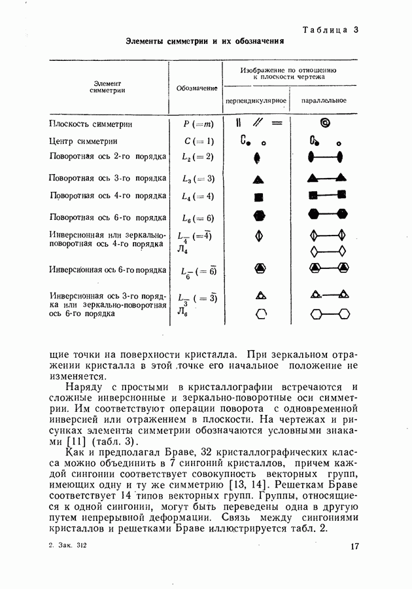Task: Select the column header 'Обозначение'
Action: coord(197,88)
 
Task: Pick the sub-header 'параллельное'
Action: coord(324,101)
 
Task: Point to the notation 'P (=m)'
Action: coord(197,124)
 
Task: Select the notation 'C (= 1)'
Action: coord(197,141)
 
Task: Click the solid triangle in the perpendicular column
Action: coord(258,178)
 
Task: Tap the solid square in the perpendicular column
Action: coord(258,196)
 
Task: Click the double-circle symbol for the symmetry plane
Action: coord(325,122)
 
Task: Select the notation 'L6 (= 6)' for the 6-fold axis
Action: coord(197,218)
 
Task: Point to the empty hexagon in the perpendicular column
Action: coord(261,313)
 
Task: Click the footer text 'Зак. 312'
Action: coord(74,544)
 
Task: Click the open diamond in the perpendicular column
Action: coord(259,234)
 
